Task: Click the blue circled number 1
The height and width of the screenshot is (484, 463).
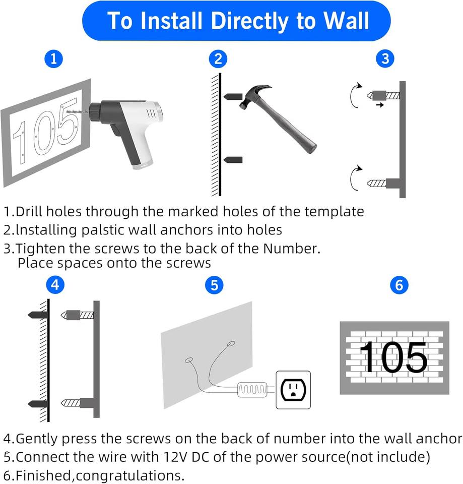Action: (x=54, y=59)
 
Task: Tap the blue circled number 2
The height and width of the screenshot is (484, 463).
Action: (x=218, y=59)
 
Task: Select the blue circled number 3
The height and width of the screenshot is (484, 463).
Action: (x=385, y=59)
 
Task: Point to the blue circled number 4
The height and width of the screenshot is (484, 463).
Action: (x=55, y=285)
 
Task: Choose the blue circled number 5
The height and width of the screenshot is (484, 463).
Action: (x=215, y=285)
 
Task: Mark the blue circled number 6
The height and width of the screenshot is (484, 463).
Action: (x=399, y=285)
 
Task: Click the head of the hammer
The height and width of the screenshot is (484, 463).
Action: (x=254, y=96)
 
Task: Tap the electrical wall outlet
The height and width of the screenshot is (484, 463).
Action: (x=293, y=390)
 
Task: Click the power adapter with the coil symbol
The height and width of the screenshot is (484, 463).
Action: (x=252, y=389)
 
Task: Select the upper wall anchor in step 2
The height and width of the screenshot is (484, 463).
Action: (x=233, y=97)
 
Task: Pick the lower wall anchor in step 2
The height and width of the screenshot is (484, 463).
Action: (x=233, y=160)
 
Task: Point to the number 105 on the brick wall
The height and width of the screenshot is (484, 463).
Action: (x=393, y=357)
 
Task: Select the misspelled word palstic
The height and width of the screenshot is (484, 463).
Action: (x=103, y=230)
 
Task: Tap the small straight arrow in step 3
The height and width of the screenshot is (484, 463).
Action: (x=380, y=105)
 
